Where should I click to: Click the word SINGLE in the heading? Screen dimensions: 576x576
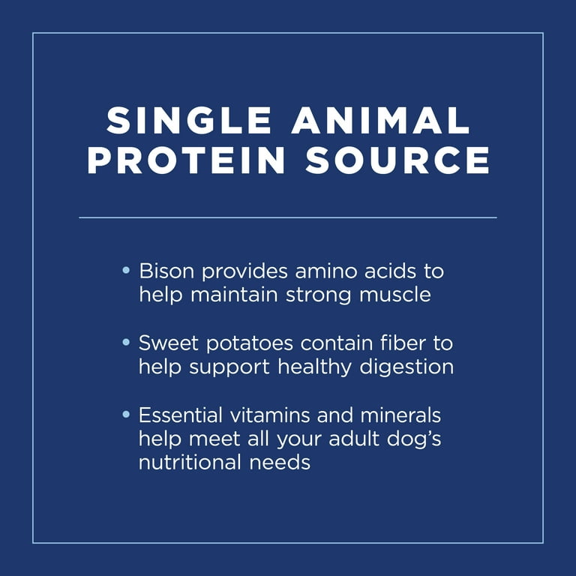click(x=189, y=121)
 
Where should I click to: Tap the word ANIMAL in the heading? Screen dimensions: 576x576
click(x=380, y=121)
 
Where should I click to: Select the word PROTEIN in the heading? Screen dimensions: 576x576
click(x=186, y=160)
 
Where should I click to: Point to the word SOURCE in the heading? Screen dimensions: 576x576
click(x=397, y=160)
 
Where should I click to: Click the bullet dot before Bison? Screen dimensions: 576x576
click(x=126, y=270)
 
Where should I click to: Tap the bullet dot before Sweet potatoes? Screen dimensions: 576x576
click(x=126, y=342)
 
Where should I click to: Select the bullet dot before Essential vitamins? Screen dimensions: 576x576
click(x=126, y=414)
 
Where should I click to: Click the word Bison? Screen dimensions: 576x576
click(x=166, y=271)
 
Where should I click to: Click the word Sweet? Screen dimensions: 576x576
click(x=169, y=343)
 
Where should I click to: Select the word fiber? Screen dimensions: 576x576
click(x=403, y=343)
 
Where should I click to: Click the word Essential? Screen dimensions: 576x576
click(x=180, y=415)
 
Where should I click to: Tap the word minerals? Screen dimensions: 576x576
click(x=400, y=415)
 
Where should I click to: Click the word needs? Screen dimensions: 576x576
click(x=280, y=462)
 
